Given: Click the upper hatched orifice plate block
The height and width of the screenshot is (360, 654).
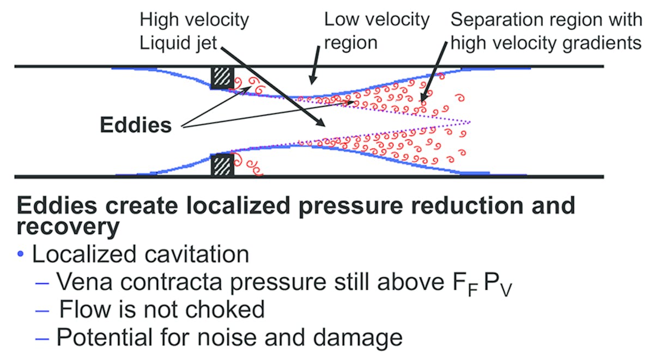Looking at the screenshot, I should (x=222, y=78).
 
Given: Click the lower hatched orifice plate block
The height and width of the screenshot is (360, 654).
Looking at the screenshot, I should (x=222, y=164).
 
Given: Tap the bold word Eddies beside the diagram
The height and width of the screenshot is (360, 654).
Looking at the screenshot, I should (x=136, y=125).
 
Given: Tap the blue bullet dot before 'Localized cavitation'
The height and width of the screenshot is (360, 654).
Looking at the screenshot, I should (x=21, y=254).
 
